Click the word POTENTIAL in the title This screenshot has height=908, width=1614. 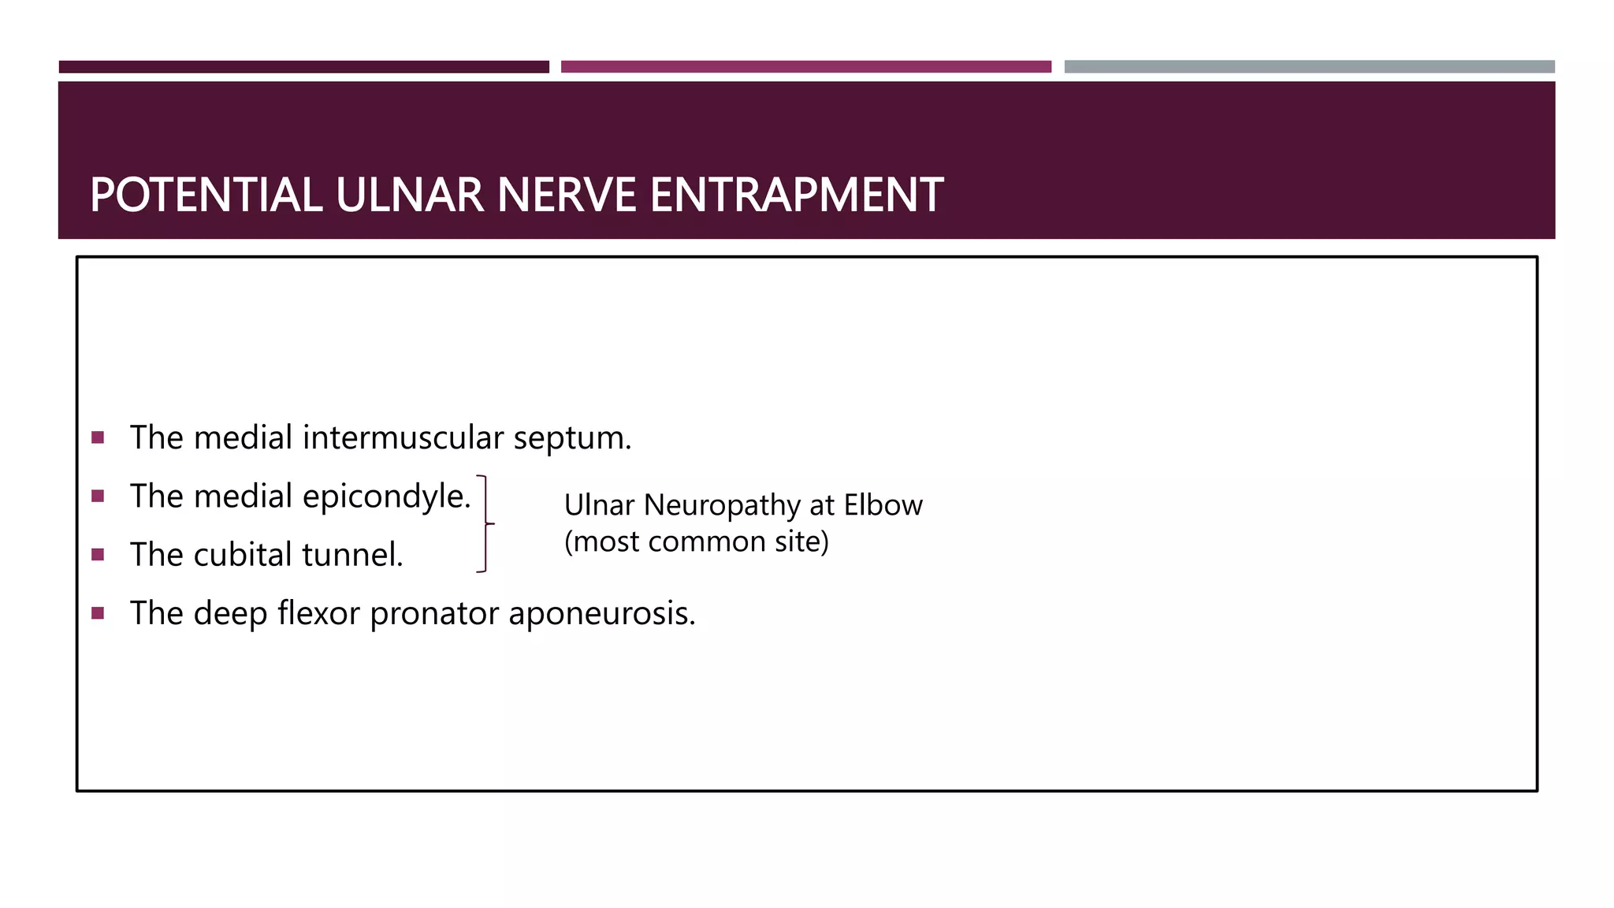coord(206,195)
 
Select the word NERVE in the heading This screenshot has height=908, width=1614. coord(567,195)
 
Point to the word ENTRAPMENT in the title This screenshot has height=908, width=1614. coord(796,195)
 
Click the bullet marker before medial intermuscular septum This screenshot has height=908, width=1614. coord(98,437)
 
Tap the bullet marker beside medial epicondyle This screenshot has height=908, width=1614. coord(98,496)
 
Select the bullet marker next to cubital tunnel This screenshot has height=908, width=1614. coord(98,554)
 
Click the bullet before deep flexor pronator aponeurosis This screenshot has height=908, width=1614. coord(98,612)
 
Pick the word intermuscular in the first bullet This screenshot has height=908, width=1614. coord(403,437)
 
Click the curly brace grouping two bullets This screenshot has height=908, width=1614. coord(485,523)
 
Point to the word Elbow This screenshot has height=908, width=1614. coord(883,504)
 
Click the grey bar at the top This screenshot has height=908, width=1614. coord(1309,66)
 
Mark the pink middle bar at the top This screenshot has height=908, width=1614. coord(805,66)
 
